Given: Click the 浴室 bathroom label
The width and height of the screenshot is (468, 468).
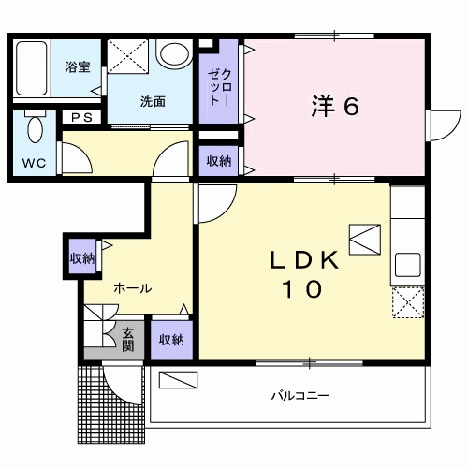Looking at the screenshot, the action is pyautogui.click(x=78, y=67).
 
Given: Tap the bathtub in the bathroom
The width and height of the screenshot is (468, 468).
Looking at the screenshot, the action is pyautogui.click(x=32, y=68).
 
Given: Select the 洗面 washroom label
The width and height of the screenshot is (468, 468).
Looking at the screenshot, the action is pyautogui.click(x=153, y=101).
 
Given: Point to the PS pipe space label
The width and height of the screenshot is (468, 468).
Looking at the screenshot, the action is pyautogui.click(x=82, y=117).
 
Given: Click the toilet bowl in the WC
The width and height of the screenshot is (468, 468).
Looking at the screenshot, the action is pyautogui.click(x=35, y=127).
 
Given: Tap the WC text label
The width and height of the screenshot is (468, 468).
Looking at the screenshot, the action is pyautogui.click(x=34, y=163).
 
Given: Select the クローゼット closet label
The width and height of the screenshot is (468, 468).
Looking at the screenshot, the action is pyautogui.click(x=220, y=87).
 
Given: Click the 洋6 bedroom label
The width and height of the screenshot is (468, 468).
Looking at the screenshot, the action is pyautogui.click(x=335, y=106).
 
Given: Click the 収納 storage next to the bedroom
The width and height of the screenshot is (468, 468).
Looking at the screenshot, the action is pyautogui.click(x=219, y=161).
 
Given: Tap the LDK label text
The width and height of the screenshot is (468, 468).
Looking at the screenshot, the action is pyautogui.click(x=304, y=260).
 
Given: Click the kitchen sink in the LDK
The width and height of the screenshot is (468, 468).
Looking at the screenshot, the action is pyautogui.click(x=408, y=265).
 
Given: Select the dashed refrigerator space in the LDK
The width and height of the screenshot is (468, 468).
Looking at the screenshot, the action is pyautogui.click(x=408, y=302).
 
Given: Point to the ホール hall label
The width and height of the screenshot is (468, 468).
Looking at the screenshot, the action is pyautogui.click(x=133, y=288).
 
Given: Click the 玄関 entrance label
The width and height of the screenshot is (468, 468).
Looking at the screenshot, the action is pyautogui.click(x=128, y=340).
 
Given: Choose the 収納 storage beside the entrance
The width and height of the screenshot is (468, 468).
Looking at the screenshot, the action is pyautogui.click(x=171, y=340).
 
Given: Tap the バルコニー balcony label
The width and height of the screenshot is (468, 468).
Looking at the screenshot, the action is pyautogui.click(x=300, y=396).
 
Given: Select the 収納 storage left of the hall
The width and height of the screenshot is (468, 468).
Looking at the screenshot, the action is pyautogui.click(x=82, y=258).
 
